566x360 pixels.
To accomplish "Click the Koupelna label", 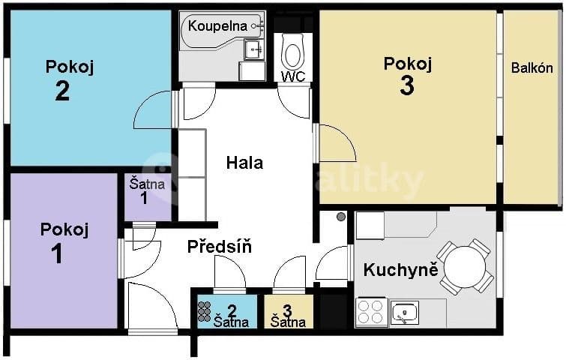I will (x=217, y=26).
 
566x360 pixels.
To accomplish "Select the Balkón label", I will (x=532, y=67).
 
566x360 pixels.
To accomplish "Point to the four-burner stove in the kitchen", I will (x=371, y=311).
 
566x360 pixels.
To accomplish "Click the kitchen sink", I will (x=405, y=312).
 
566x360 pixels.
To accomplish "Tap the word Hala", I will (x=245, y=162).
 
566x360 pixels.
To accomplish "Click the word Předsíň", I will (x=219, y=245).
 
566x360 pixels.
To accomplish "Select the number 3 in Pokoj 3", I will (x=407, y=86).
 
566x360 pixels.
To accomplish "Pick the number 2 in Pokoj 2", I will (x=62, y=91).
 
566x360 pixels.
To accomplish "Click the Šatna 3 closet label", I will (x=288, y=315).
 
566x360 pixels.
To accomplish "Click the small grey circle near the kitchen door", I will (x=341, y=217).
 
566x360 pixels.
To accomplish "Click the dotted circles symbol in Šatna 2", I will (x=204, y=311).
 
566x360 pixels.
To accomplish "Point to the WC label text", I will (x=292, y=76).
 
